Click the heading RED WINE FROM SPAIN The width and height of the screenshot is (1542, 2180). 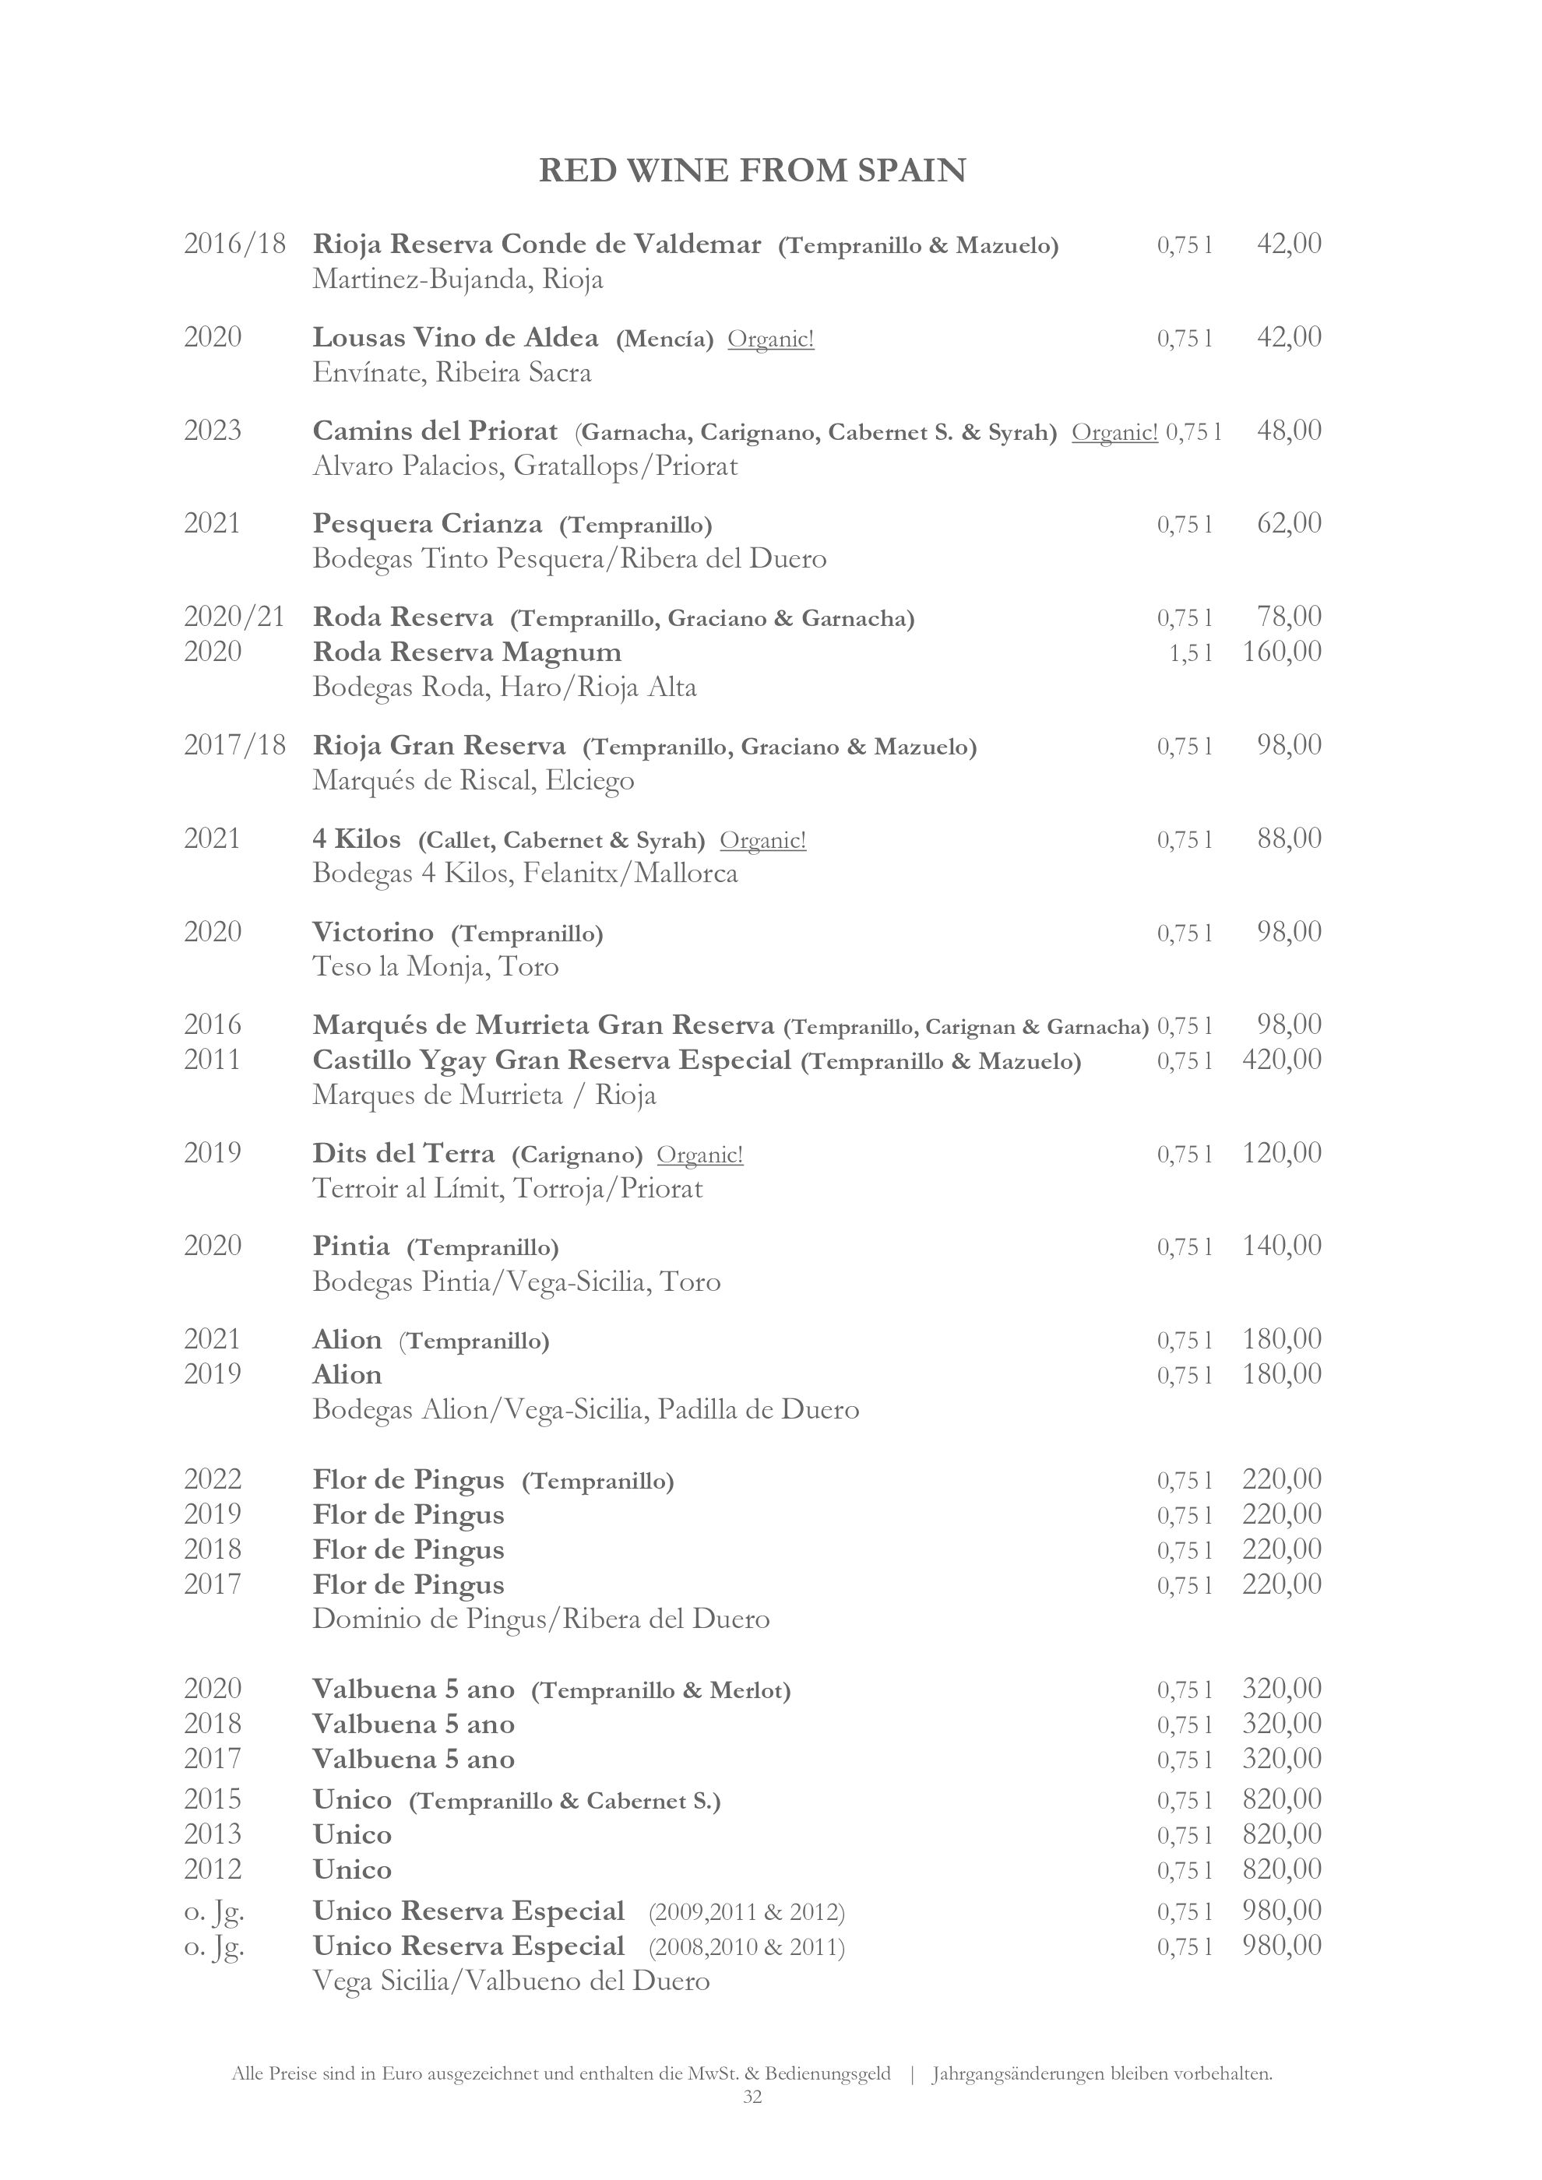coord(752,171)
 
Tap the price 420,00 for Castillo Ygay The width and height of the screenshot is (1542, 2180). coord(1281,1060)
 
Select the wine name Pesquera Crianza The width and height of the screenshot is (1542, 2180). coord(428,524)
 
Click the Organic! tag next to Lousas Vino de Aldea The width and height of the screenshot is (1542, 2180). coord(770,339)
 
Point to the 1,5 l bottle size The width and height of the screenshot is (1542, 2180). coord(1190,653)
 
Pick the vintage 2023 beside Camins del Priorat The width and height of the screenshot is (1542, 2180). coord(213,431)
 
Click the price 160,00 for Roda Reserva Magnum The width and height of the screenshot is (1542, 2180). coord(1281,652)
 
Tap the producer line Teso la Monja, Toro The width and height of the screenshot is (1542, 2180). coord(436,968)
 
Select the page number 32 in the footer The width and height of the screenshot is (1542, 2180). coord(752,2097)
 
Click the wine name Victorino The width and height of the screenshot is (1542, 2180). coord(373,934)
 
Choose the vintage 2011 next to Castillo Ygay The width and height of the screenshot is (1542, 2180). coord(213,1060)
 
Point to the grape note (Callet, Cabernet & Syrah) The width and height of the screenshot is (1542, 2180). coord(562,840)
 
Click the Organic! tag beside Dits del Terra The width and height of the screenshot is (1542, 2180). coord(700,1155)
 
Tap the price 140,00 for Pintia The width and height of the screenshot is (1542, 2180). coord(1281,1246)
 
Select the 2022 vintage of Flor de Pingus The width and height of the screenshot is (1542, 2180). coord(213,1479)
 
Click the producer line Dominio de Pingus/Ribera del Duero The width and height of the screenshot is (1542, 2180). coord(541,1619)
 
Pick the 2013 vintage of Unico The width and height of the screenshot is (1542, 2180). coord(213,1834)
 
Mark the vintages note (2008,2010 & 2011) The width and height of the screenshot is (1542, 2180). coord(746,1947)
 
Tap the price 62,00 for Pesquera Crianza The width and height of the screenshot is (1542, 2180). coord(1288,523)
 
